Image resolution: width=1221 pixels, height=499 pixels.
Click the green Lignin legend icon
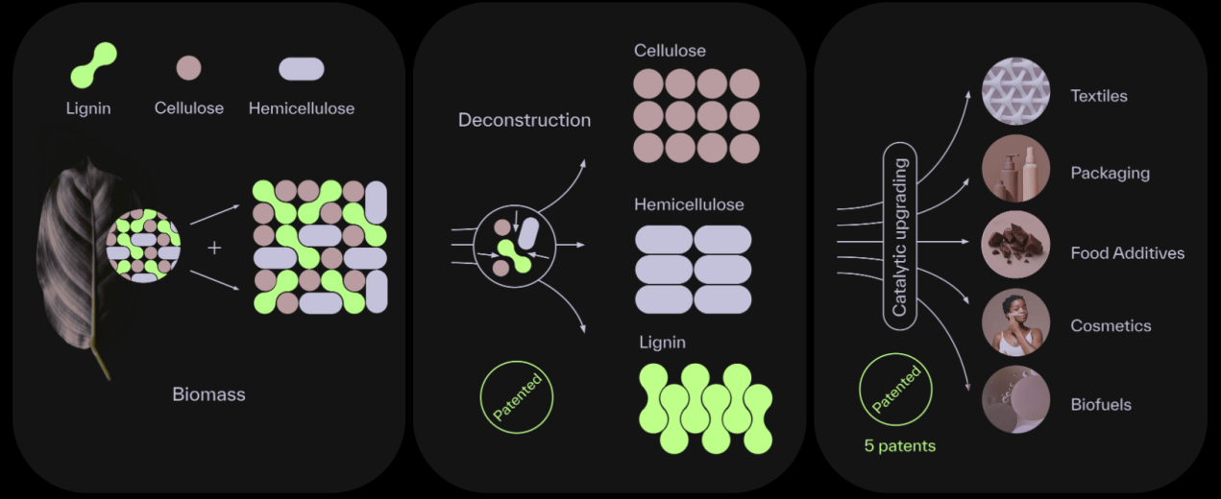pyautogui.click(x=94, y=65)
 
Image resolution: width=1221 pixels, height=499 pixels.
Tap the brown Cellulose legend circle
pyautogui.click(x=188, y=68)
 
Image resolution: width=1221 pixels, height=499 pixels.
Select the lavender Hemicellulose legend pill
pyautogui.click(x=301, y=69)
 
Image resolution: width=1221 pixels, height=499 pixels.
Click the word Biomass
pyautogui.click(x=208, y=393)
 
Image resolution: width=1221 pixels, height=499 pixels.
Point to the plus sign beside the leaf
pyautogui.click(x=214, y=248)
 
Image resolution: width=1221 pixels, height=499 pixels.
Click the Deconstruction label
pyautogui.click(x=524, y=120)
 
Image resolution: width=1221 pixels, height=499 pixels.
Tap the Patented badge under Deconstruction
pyautogui.click(x=517, y=395)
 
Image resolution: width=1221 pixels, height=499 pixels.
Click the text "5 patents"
pyautogui.click(x=899, y=445)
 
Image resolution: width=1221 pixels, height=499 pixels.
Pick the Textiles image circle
pyautogui.click(x=1015, y=91)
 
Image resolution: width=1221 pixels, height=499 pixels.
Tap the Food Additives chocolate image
pyautogui.click(x=1015, y=246)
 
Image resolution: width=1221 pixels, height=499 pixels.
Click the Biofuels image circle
pyautogui.click(x=1015, y=399)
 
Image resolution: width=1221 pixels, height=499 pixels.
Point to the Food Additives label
pyautogui.click(x=1127, y=253)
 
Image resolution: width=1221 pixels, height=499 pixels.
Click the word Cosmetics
pyautogui.click(x=1110, y=325)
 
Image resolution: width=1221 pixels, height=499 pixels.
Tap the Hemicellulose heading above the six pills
pyautogui.click(x=688, y=204)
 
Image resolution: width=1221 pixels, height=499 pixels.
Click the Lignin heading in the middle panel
pyautogui.click(x=662, y=343)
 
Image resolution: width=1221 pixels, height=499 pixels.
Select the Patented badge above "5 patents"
pyautogui.click(x=895, y=388)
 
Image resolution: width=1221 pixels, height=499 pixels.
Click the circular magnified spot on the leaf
pyautogui.click(x=143, y=246)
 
